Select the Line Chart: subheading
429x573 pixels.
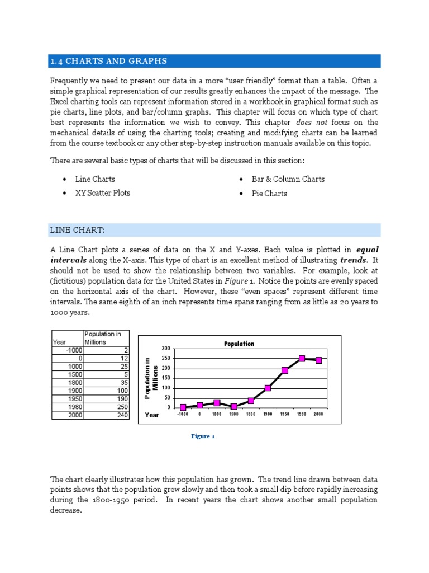pos(78,230)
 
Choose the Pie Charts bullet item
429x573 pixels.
pos(269,194)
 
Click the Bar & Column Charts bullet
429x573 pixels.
pos(288,179)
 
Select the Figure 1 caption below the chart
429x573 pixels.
pos(203,436)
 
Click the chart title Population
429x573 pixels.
pos(239,344)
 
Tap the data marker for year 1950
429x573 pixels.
pos(285,370)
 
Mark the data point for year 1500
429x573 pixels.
pos(233,406)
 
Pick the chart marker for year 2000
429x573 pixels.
pos(318,360)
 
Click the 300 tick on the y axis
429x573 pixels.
pos(165,349)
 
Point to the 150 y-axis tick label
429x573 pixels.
pos(165,378)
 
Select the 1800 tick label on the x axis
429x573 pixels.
pos(251,415)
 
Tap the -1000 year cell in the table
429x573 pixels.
pos(67,350)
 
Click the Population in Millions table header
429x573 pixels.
pos(106,338)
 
